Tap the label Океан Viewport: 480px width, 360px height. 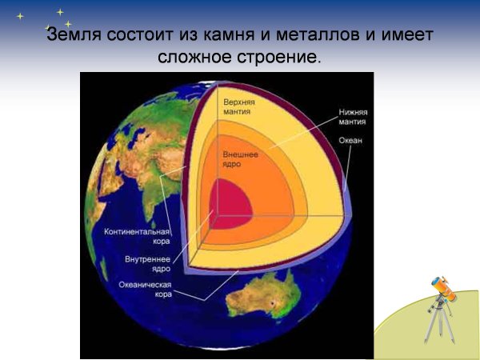[350, 141]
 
